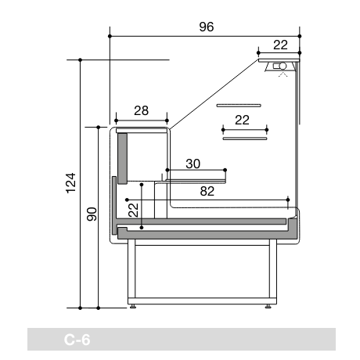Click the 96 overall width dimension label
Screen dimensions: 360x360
click(207, 27)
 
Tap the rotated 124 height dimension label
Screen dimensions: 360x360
click(70, 183)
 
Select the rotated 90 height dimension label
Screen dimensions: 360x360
click(92, 214)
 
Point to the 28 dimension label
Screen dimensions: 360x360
click(141, 110)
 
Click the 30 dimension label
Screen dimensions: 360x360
click(193, 164)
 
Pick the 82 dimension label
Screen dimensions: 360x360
click(207, 191)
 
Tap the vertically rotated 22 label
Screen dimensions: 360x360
click(133, 210)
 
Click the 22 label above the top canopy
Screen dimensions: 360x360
click(280, 45)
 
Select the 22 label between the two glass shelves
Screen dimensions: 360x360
click(242, 120)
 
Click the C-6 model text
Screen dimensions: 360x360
click(77, 340)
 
